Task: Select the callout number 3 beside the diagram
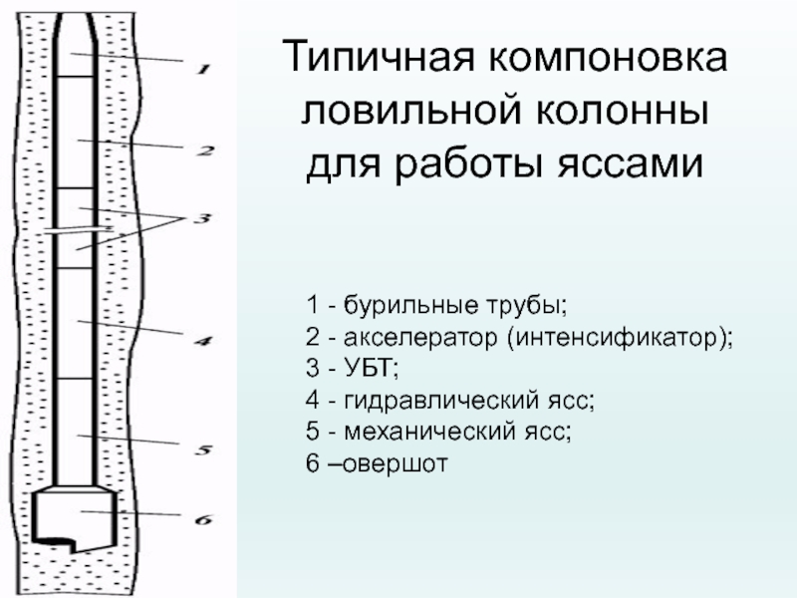[x=203, y=218]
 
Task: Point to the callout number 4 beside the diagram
[x=202, y=342]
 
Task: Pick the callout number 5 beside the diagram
[x=202, y=450]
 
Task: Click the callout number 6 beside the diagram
[x=202, y=518]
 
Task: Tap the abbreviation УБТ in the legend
[x=371, y=370]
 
